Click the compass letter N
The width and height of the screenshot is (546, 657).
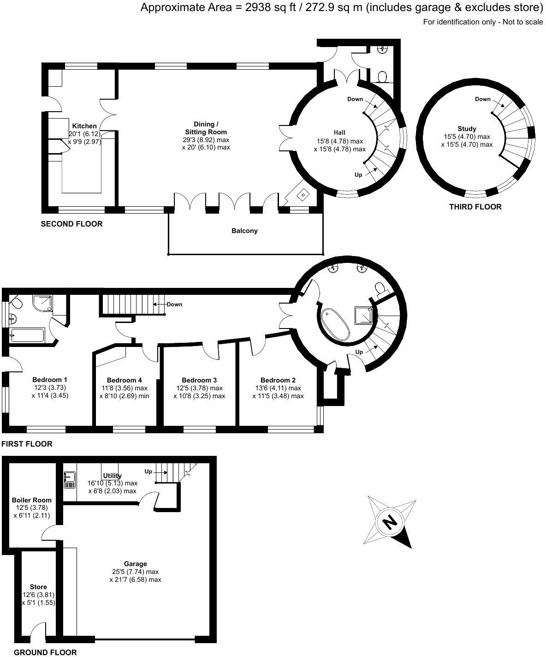390,522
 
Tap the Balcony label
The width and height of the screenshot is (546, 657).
244,231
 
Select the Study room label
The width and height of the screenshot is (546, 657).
467,129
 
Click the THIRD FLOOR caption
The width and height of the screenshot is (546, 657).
475,207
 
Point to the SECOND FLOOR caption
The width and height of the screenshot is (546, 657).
71,224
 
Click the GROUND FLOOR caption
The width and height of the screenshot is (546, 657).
45,652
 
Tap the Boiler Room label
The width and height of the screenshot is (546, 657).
31,500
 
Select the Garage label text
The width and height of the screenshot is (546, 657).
135,564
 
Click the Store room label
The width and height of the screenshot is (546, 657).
38,587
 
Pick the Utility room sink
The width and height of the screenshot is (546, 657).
70,480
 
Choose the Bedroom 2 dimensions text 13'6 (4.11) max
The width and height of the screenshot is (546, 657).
278,388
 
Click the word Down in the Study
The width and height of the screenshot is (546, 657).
482,99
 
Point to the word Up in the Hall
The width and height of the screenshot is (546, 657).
358,175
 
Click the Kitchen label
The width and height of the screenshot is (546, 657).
84,126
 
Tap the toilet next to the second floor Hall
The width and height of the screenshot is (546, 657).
381,76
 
